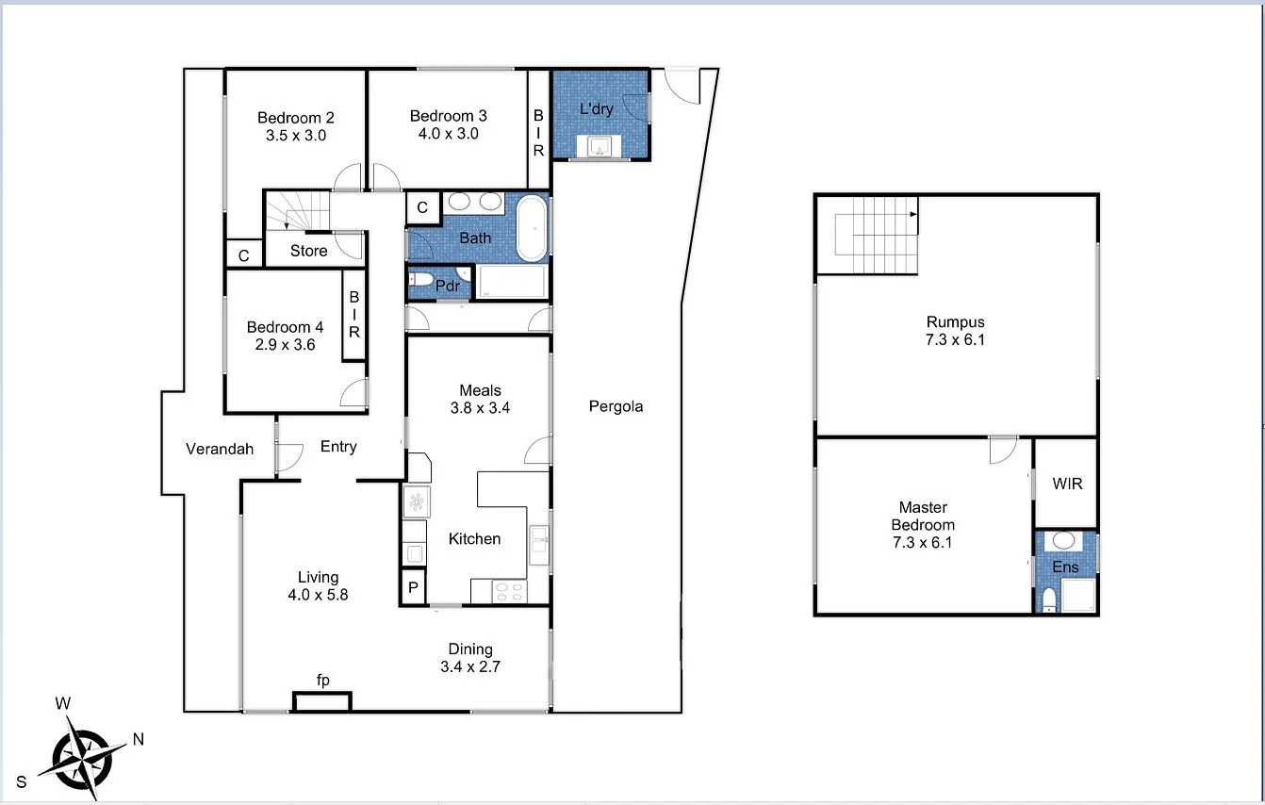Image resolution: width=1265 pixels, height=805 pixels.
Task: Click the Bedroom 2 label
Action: pos(296,118)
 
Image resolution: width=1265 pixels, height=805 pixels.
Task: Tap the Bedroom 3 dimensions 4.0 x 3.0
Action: pos(449,134)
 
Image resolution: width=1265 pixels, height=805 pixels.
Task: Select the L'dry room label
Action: pos(596,108)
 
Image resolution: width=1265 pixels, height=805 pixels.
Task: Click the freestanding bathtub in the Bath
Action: pos(533,228)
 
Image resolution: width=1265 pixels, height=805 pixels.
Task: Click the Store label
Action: pos(308,251)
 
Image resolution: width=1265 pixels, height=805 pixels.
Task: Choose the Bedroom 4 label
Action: pos(285,327)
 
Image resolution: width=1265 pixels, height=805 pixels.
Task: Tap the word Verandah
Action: pos(220,449)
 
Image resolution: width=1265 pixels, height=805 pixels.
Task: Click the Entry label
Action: pos(338,447)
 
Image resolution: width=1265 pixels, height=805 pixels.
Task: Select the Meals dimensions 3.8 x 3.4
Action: pos(480,408)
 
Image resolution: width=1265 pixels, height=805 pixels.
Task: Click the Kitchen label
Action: pos(474,539)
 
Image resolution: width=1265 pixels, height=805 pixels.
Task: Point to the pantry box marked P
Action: pos(414,589)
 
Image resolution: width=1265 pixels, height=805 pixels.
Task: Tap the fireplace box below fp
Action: pos(321,702)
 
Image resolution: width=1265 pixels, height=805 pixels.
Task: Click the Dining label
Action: pos(470,649)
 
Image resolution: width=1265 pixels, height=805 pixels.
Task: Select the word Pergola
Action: pos(616,406)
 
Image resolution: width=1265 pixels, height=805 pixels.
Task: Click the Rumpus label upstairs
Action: pos(955,322)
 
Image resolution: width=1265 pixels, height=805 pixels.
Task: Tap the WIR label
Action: pos(1067,484)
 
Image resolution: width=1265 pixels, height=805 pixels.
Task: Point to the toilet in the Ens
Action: pos(1048,601)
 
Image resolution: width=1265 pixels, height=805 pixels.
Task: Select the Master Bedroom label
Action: pos(923,516)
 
